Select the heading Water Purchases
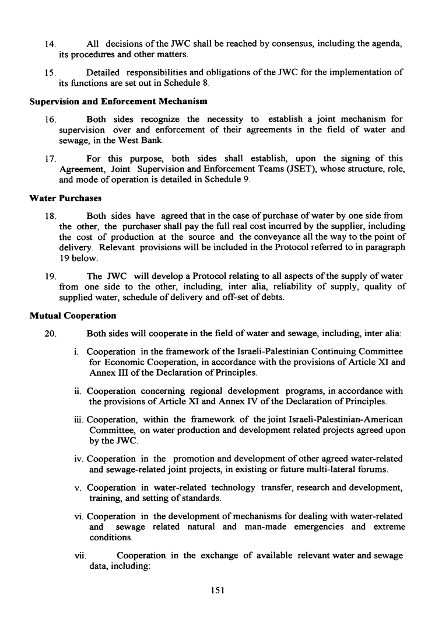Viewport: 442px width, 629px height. (65, 198)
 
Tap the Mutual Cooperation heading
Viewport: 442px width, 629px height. (72, 316)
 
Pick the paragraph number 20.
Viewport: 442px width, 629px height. (51, 334)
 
